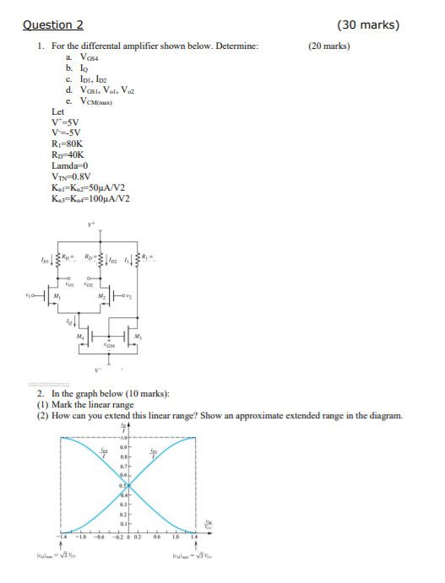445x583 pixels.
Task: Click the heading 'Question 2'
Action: point(55,24)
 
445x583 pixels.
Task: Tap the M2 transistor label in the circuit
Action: point(128,295)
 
